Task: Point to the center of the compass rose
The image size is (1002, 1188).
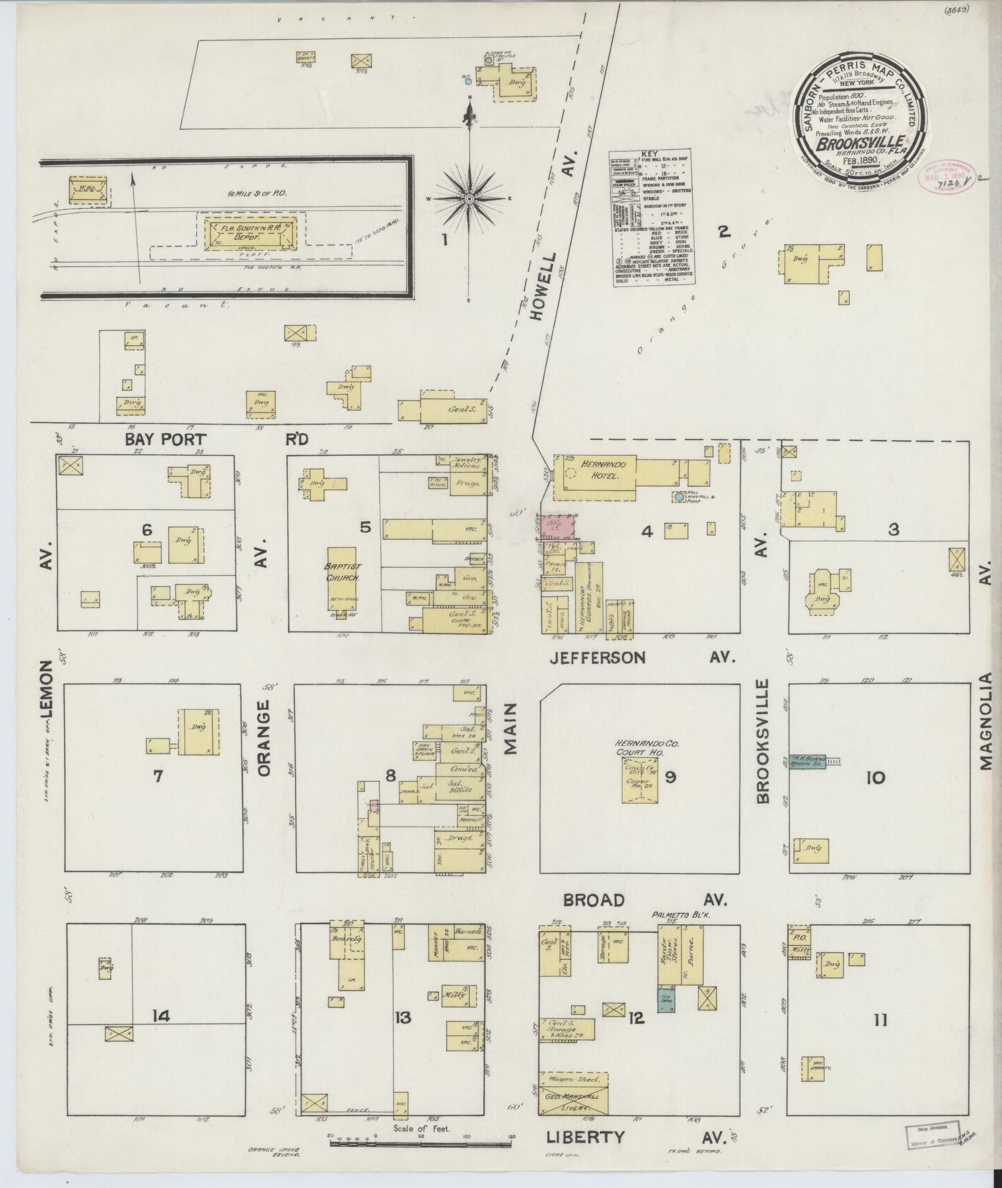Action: click(470, 198)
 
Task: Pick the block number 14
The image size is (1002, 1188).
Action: click(160, 1016)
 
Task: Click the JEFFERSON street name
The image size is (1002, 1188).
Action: click(598, 657)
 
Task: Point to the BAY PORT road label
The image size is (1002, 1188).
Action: click(165, 439)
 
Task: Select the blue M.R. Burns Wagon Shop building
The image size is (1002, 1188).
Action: click(808, 762)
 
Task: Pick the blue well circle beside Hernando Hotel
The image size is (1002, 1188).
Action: click(679, 497)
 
